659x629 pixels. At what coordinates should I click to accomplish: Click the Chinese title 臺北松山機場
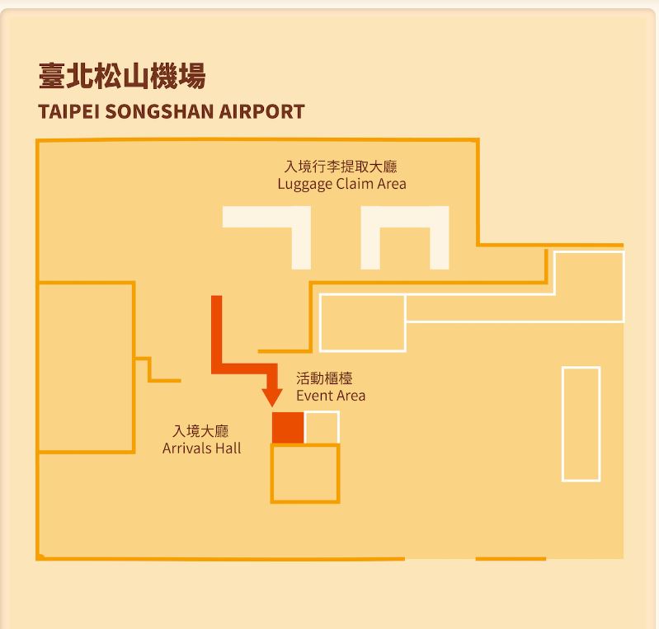point(122,77)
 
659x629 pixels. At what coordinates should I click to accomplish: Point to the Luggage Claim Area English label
point(341,184)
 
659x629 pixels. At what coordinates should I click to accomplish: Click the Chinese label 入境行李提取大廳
point(341,167)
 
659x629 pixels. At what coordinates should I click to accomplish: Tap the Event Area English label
point(331,396)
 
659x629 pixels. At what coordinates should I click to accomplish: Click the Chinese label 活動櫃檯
point(324,379)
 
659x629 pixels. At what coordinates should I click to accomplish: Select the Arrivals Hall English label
point(202,448)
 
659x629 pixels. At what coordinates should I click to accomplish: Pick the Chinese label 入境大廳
point(200,431)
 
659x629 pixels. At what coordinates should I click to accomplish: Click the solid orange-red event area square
point(288,428)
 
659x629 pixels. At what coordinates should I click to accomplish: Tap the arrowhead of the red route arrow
point(272,395)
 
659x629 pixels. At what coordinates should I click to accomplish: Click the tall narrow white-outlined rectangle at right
point(581,424)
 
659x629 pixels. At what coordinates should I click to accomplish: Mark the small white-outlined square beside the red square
point(322,428)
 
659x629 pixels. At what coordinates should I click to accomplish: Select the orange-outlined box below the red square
point(305,473)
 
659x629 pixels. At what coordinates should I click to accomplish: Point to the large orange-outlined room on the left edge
point(86,367)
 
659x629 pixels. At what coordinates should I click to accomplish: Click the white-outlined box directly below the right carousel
point(362,323)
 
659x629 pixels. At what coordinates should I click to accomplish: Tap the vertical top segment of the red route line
point(217,330)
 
